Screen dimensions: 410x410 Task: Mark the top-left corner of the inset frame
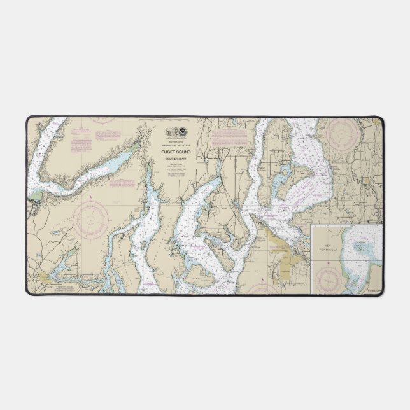[x=312, y=224]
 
